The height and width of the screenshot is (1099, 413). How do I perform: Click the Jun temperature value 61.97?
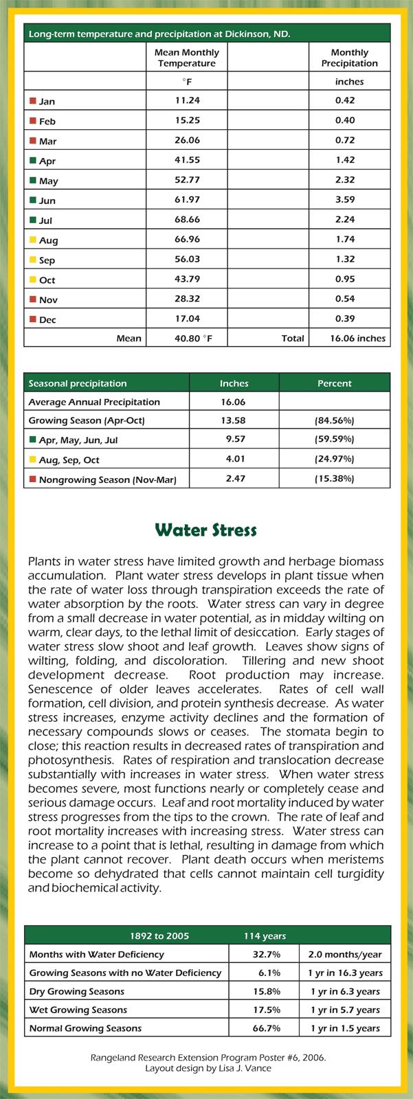click(x=187, y=200)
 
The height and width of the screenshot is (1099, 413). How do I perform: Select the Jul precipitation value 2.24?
click(x=349, y=220)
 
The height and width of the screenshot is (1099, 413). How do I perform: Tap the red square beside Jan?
click(x=32, y=101)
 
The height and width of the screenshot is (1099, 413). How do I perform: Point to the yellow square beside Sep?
click(x=32, y=260)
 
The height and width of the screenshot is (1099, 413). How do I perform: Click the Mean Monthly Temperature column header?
click(x=187, y=58)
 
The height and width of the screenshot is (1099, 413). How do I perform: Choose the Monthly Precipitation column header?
click(x=349, y=58)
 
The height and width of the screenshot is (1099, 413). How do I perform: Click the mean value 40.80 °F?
click(x=187, y=338)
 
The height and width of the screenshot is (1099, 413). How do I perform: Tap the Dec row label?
click(x=47, y=319)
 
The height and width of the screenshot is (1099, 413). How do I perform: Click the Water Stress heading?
click(x=206, y=530)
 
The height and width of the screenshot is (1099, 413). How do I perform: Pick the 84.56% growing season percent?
click(x=334, y=420)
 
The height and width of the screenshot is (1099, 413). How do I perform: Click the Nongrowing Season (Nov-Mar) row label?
click(x=107, y=479)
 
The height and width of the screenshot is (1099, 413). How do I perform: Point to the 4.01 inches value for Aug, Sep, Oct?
click(x=235, y=459)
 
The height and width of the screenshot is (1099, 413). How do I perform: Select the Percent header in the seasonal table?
click(x=334, y=383)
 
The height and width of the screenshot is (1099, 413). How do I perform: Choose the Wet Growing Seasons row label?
click(x=78, y=1010)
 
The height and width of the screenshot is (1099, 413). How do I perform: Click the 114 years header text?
click(x=265, y=936)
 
